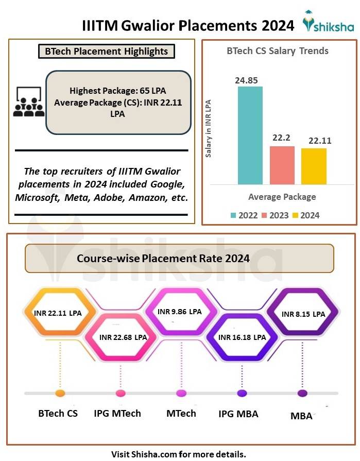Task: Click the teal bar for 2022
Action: point(250,135)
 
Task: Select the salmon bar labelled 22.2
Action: point(282,165)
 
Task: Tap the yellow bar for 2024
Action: point(314,166)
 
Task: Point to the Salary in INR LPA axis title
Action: point(209,129)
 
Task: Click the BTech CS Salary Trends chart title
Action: point(278,51)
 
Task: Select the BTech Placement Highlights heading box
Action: point(107,52)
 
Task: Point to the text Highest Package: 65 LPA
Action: point(118,91)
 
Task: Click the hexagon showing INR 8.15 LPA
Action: point(303,313)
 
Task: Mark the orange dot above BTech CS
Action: point(60,394)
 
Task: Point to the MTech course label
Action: point(181,413)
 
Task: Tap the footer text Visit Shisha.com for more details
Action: point(179,454)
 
